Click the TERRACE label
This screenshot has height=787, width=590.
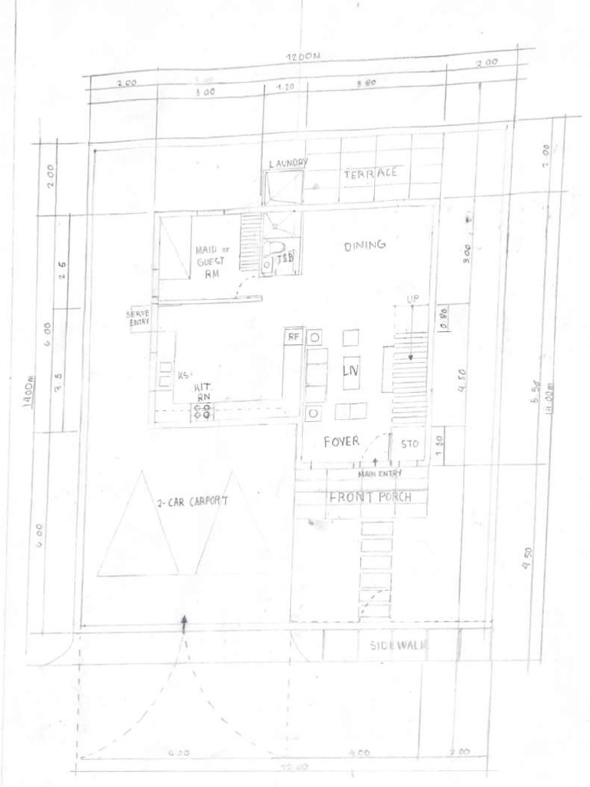pyautogui.click(x=371, y=174)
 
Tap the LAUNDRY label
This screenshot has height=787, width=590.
pyautogui.click(x=288, y=163)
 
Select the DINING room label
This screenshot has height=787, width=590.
pyautogui.click(x=364, y=246)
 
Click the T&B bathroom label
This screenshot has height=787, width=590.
pyautogui.click(x=285, y=257)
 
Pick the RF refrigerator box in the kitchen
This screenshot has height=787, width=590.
pyautogui.click(x=293, y=337)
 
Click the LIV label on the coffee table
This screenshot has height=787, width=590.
pyautogui.click(x=350, y=371)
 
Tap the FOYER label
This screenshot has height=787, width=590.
pyautogui.click(x=342, y=441)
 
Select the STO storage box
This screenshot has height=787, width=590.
pyautogui.click(x=408, y=444)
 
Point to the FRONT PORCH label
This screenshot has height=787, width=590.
pyautogui.click(x=370, y=496)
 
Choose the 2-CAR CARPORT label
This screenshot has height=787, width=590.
pyautogui.click(x=194, y=504)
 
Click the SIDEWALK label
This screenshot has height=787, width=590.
pyautogui.click(x=398, y=645)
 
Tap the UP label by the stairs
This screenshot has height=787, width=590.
pyautogui.click(x=413, y=298)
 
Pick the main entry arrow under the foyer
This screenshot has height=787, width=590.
pyautogui.click(x=374, y=461)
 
